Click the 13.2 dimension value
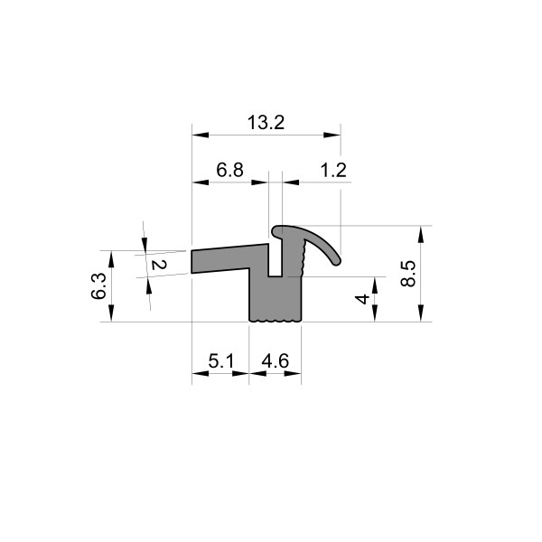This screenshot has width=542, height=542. pyautogui.click(x=266, y=123)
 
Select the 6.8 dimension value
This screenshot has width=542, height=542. pyautogui.click(x=229, y=170)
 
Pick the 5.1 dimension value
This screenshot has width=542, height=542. pyautogui.click(x=221, y=361)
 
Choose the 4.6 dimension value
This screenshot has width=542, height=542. pyautogui.click(x=275, y=361)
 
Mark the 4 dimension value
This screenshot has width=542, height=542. pyautogui.click(x=362, y=298)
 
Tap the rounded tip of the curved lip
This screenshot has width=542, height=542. pyautogui.click(x=336, y=261)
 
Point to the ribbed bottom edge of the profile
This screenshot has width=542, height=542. pyautogui.click(x=275, y=320)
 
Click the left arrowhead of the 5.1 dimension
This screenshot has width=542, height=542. pyautogui.click(x=198, y=372)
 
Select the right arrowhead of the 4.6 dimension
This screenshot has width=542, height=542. pyautogui.click(x=295, y=372)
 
